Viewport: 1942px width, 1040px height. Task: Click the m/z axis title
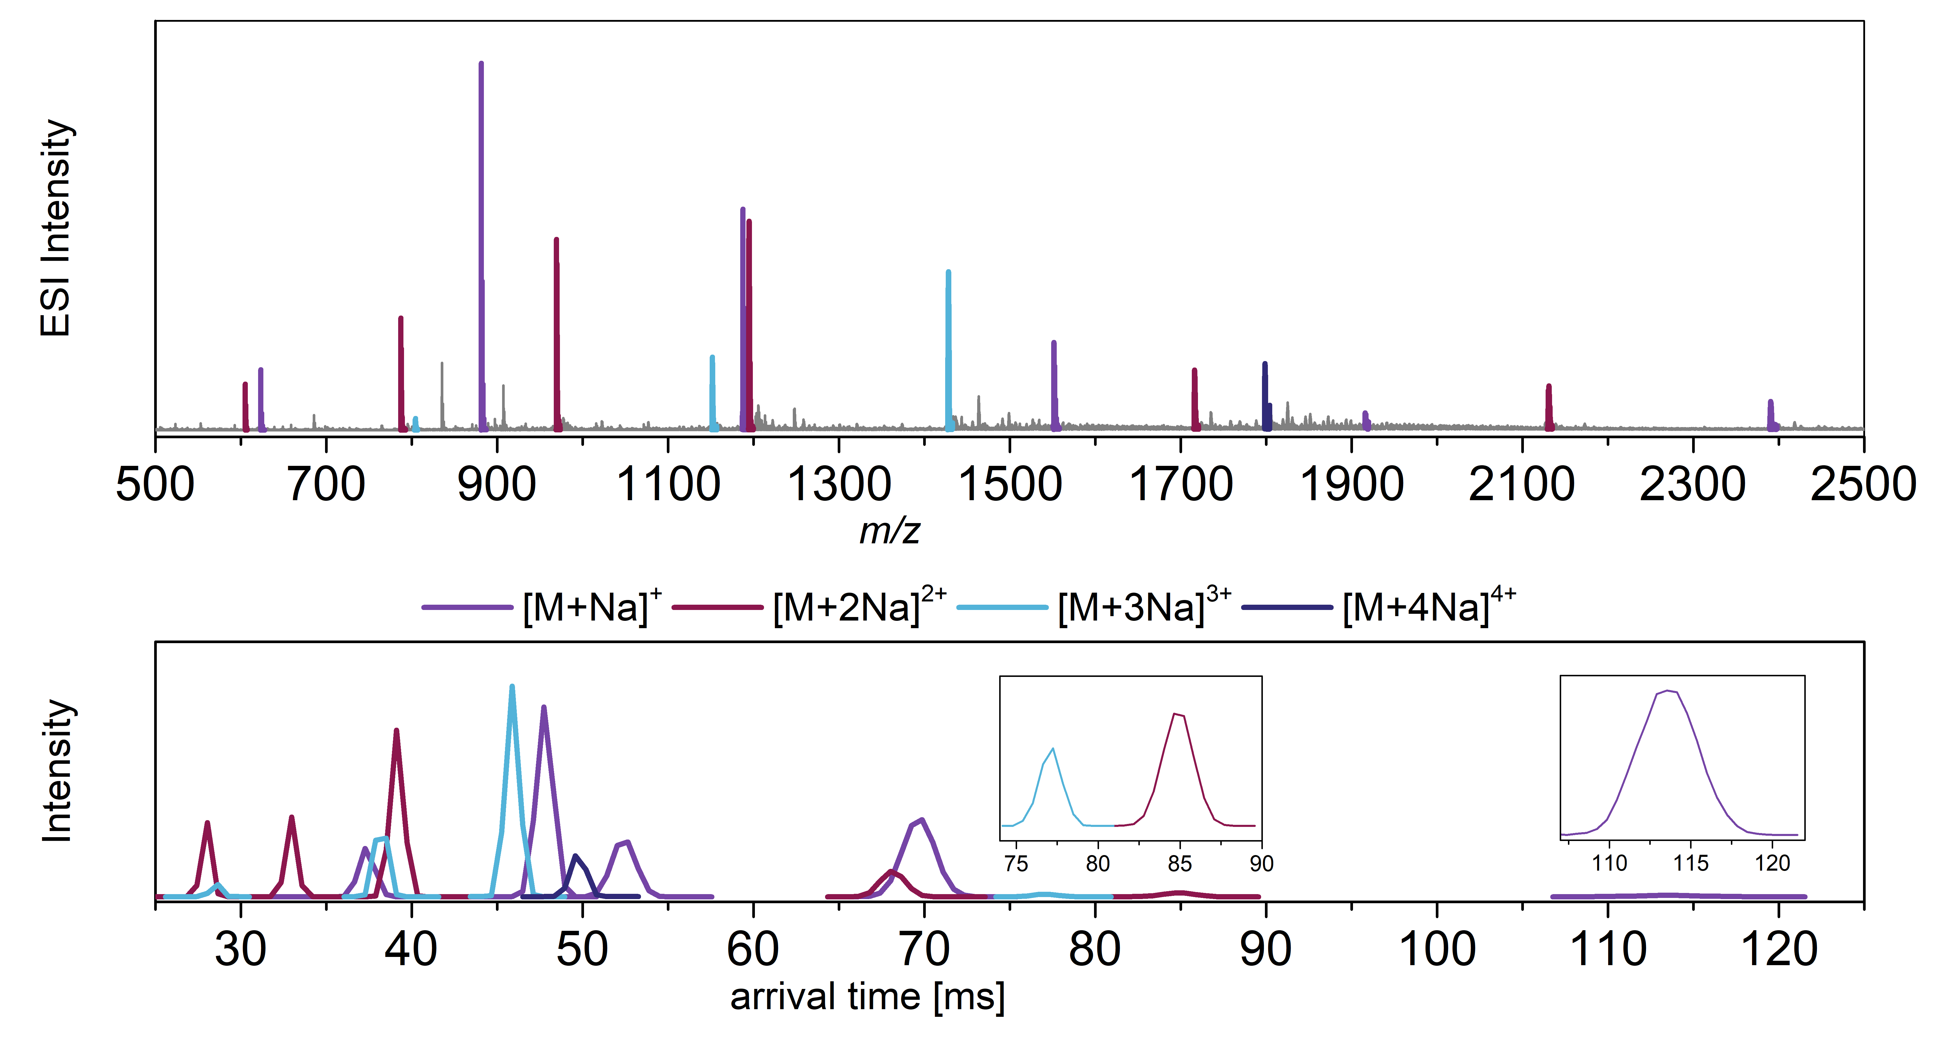(x=890, y=531)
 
